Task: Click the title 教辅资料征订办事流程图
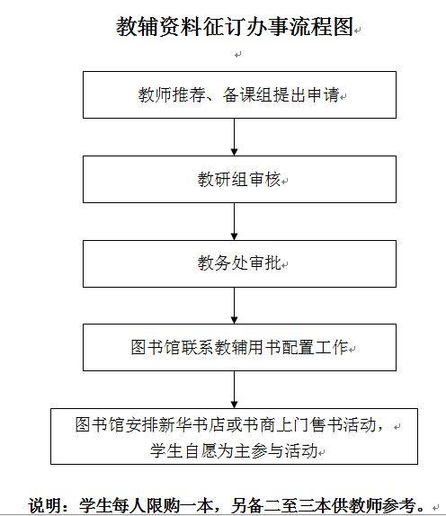[x=235, y=26]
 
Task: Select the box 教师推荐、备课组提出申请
[x=239, y=94]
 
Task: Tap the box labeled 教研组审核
[x=239, y=179]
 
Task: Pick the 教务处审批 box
[x=239, y=263]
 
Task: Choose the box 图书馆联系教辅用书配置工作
[x=239, y=347]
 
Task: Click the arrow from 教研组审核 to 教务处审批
[x=234, y=221]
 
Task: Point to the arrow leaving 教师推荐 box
[x=234, y=137]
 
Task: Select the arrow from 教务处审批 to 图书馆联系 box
[x=234, y=306]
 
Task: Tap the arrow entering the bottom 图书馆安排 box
[x=234, y=389]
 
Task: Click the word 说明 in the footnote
[x=44, y=505]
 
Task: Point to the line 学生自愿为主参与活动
[x=234, y=450]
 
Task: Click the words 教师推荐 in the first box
[x=172, y=94]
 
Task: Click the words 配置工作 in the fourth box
[x=315, y=347]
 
